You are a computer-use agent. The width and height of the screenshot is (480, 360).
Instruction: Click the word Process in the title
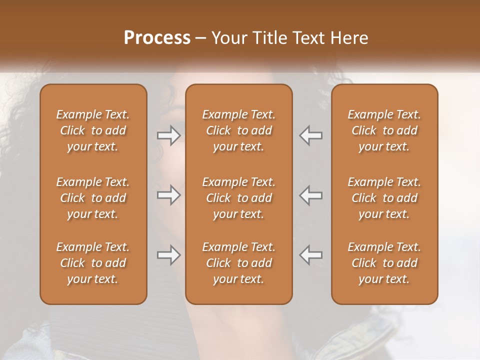(x=157, y=38)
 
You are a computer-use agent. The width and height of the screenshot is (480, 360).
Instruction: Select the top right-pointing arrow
(x=168, y=135)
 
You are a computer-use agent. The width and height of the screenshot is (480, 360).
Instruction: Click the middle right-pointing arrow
(x=168, y=195)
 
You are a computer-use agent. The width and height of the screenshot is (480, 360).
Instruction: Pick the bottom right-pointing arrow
(x=168, y=255)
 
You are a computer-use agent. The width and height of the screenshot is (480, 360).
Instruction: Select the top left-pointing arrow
(x=311, y=135)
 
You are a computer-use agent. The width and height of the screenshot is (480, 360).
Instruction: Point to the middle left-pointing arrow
(x=311, y=195)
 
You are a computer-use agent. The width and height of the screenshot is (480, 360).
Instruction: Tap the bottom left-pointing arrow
(x=311, y=255)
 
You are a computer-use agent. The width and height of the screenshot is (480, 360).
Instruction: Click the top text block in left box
(x=93, y=130)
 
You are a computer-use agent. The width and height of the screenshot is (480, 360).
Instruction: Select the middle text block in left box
(x=93, y=198)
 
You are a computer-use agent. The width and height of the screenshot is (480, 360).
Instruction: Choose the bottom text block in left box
(x=93, y=263)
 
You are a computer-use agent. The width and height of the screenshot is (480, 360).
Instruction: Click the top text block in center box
(x=239, y=130)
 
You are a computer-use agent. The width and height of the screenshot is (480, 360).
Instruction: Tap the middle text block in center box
(x=239, y=198)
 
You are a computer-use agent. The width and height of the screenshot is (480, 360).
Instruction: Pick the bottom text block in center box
(x=239, y=263)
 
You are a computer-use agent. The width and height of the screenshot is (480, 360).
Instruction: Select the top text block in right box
(x=384, y=130)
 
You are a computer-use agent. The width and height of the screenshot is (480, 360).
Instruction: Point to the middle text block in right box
(x=384, y=198)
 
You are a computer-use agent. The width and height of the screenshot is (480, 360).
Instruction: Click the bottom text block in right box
(x=384, y=263)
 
